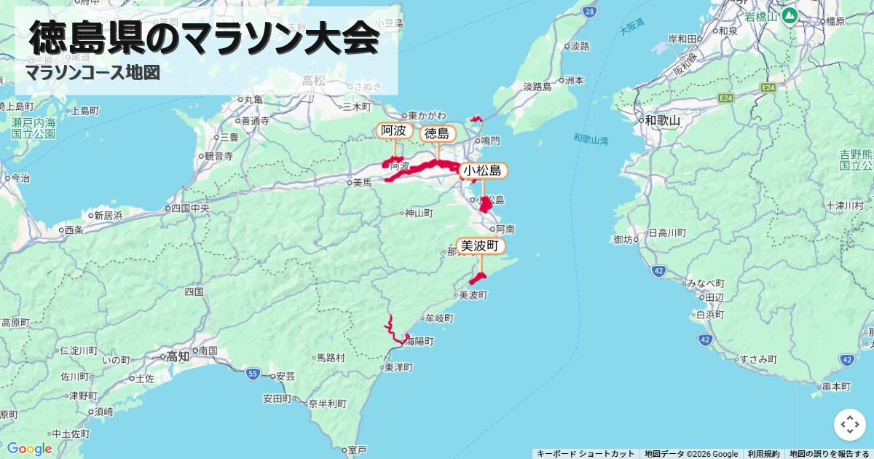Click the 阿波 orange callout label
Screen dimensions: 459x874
394,131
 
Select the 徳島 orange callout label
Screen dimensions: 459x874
437,133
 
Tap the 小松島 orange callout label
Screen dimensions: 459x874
483,170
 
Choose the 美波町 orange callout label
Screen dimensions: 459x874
481,246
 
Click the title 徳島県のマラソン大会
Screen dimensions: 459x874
205,38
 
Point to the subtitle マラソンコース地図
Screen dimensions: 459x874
92,73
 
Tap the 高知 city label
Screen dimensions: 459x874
178,357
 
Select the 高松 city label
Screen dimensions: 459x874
314,80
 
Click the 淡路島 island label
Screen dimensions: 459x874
537,87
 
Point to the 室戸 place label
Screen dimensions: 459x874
357,450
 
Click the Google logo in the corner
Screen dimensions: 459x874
29,449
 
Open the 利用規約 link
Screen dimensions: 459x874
763,454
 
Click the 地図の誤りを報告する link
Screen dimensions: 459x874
830,454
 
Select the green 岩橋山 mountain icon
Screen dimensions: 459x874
789,15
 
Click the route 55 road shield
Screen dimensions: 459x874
253,374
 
